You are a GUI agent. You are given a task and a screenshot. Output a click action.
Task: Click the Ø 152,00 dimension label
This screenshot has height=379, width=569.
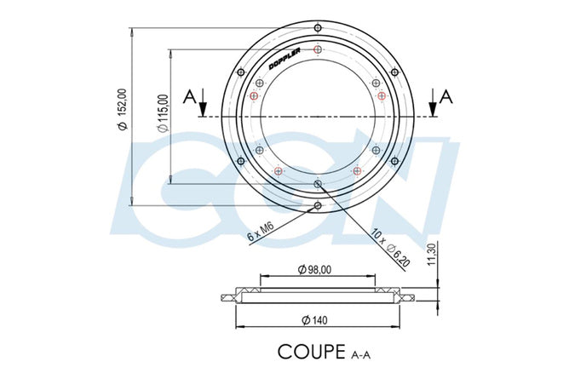click(123, 109)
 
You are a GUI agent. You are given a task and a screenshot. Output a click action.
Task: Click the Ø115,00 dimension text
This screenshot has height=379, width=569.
click(164, 113)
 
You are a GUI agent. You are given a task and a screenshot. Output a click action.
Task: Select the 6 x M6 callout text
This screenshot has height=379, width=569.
click(261, 232)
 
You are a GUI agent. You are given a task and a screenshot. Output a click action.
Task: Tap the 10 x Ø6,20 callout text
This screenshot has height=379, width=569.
click(390, 248)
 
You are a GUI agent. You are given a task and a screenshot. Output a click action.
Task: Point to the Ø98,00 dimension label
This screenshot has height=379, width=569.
click(314, 269)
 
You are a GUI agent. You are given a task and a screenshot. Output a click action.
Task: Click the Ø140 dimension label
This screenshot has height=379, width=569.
click(314, 320)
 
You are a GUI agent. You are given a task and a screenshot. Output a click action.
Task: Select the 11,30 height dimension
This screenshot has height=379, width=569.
click(432, 255)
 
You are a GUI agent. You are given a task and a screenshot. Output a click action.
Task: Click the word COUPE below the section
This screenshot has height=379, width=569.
click(312, 352)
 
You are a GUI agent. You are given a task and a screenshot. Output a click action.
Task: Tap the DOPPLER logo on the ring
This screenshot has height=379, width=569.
click(284, 59)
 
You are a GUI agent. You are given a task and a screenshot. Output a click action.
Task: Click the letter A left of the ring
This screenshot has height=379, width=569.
click(190, 97)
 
